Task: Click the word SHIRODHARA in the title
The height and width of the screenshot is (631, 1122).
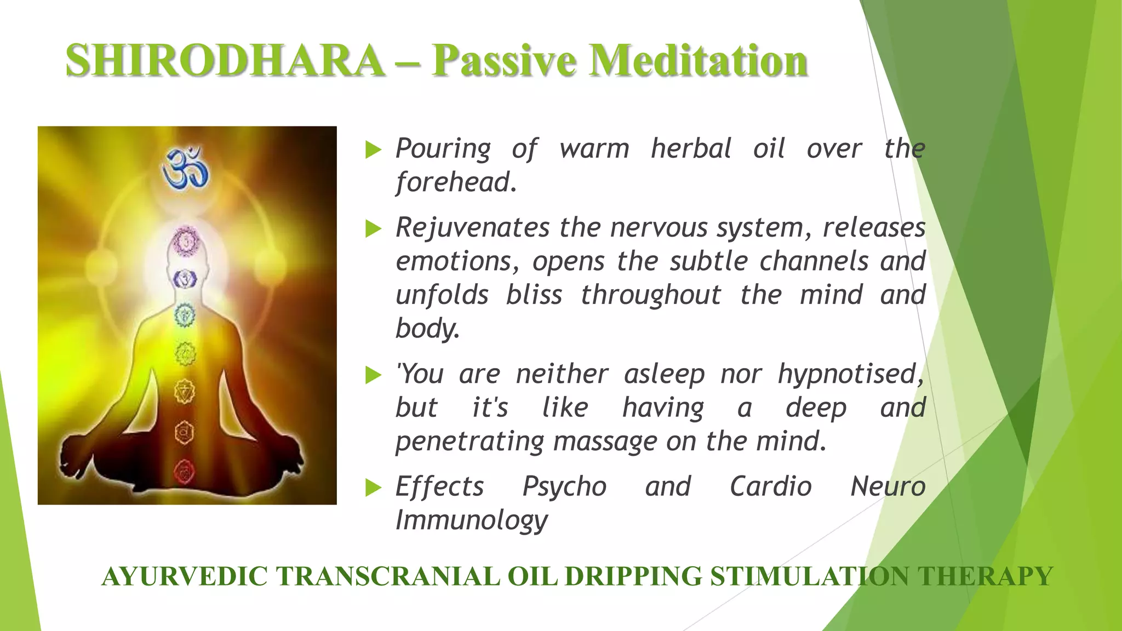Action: [225, 60]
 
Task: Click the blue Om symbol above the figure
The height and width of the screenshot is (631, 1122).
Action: [186, 167]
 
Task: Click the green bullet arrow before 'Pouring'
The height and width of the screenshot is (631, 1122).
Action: [373, 149]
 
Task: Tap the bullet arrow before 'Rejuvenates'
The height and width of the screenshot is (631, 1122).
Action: [373, 228]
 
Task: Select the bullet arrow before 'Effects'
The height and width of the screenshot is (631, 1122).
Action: [373, 487]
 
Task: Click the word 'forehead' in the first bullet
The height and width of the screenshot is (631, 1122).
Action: [455, 182]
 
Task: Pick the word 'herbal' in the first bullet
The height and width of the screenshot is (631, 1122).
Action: [691, 148]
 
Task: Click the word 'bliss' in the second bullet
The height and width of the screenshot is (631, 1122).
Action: [534, 295]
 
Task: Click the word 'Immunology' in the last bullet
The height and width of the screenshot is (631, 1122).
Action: [471, 520]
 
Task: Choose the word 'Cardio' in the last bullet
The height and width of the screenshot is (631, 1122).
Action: [770, 486]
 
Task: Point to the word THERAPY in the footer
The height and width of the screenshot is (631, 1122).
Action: [985, 577]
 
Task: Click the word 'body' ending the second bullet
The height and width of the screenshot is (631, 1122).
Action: [426, 329]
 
